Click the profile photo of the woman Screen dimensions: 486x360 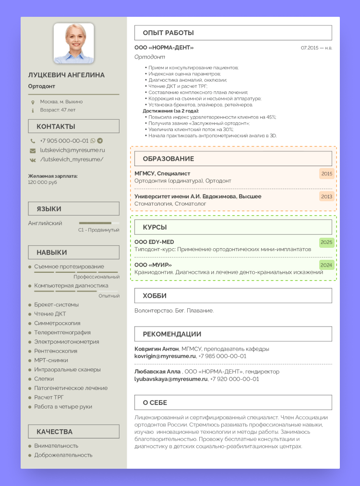(73, 43)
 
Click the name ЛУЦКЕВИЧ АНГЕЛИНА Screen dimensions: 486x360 (66, 75)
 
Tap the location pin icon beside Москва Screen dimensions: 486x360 (33, 102)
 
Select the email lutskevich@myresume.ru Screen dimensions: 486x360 (72, 150)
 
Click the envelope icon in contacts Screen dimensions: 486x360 (33, 150)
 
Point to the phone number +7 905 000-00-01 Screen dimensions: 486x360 (64, 141)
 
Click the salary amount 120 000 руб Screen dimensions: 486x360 (43, 182)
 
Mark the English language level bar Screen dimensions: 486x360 (99, 223)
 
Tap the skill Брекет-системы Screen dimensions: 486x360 (56, 304)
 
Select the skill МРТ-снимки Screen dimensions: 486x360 (51, 360)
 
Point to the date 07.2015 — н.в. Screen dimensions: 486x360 (316, 48)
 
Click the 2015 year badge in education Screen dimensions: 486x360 (326, 173)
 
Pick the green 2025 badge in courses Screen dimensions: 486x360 (326, 242)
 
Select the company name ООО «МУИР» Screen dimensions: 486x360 (153, 265)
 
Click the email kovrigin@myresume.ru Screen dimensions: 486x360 (165, 356)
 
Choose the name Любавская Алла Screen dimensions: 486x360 (157, 371)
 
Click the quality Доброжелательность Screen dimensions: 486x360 (63, 455)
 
